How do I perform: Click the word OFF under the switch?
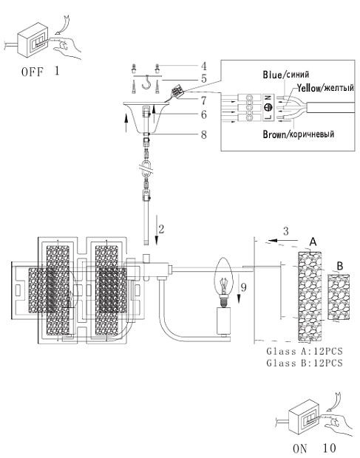pos(33,72)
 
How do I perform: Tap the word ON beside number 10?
pos(300,448)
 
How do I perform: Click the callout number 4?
pos(204,66)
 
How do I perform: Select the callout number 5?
pos(204,78)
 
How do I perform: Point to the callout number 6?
pos(204,115)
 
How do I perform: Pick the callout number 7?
pos(204,100)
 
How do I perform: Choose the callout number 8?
pos(204,134)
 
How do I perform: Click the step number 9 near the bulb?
pos(243,287)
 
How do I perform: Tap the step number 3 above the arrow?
pos(286,231)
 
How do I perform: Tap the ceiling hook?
pos(146,83)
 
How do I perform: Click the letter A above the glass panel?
pos(313,242)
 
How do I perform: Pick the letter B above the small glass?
pos(339,266)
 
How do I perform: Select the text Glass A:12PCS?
pos(304,351)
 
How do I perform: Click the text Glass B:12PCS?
pos(304,363)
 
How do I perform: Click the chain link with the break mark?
pos(146,168)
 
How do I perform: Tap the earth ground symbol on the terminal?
pos(268,108)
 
